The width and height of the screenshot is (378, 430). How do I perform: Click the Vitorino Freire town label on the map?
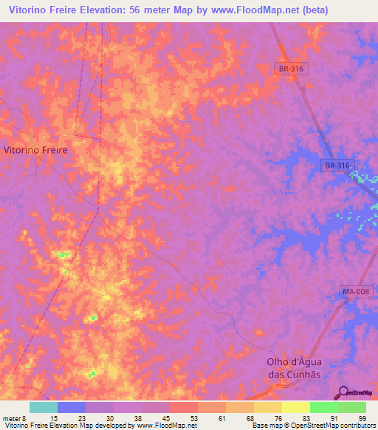(35, 149)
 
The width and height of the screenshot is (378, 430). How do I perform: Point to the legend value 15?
(54, 418)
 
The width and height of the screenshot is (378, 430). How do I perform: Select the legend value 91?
(334, 418)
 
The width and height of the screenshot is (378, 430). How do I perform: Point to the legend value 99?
(362, 418)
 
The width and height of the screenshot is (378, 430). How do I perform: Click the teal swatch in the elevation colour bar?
(44, 407)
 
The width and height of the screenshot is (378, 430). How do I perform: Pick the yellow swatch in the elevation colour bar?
(295, 407)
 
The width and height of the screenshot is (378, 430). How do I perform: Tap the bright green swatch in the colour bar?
(323, 407)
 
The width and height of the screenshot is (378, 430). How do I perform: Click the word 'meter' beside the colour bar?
(11, 418)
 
